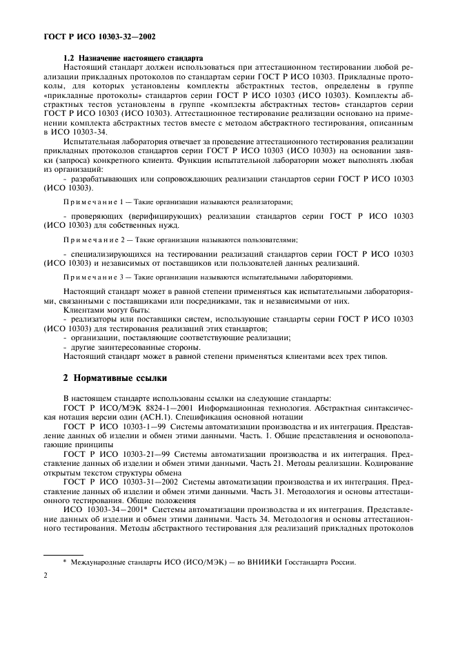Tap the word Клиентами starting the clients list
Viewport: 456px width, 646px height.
82,311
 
